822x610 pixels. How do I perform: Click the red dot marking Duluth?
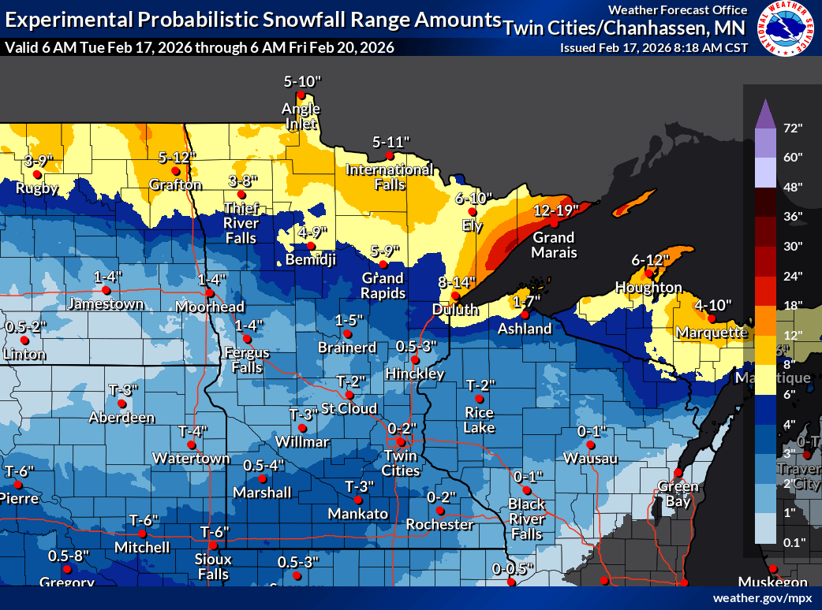pyautogui.click(x=455, y=296)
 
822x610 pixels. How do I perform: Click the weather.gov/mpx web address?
pyautogui.click(x=762, y=598)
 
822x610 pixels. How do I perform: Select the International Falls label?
pyautogui.click(x=389, y=177)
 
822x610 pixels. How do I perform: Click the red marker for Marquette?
pyautogui.click(x=711, y=318)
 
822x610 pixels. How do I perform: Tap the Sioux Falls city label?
pyautogui.click(x=214, y=567)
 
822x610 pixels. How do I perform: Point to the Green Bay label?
pyautogui.click(x=674, y=493)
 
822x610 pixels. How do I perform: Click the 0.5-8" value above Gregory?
pyautogui.click(x=68, y=556)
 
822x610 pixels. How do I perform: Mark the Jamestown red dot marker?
pyautogui.click(x=106, y=290)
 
